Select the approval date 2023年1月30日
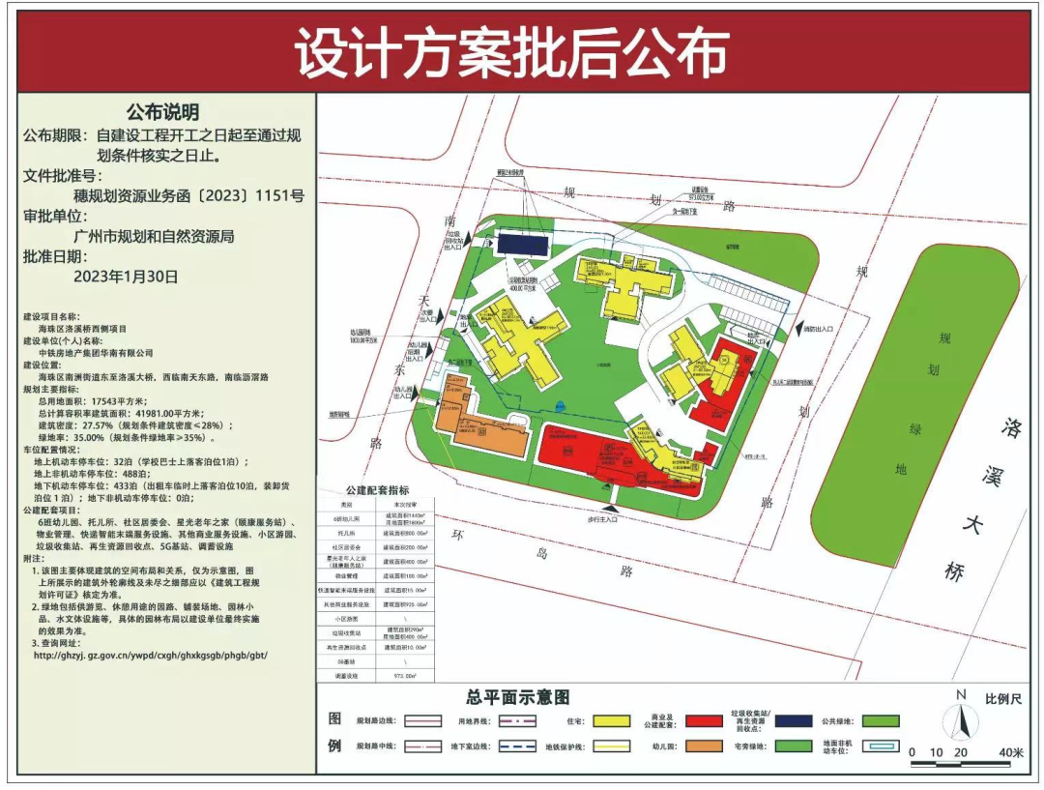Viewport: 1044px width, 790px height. click(x=126, y=276)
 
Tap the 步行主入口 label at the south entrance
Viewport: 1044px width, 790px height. click(x=608, y=519)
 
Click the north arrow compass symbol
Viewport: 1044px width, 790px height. click(x=959, y=720)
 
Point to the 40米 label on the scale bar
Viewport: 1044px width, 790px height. click(x=1010, y=752)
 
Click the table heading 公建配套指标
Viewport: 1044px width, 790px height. click(x=377, y=490)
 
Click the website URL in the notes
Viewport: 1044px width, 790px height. click(x=150, y=655)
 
